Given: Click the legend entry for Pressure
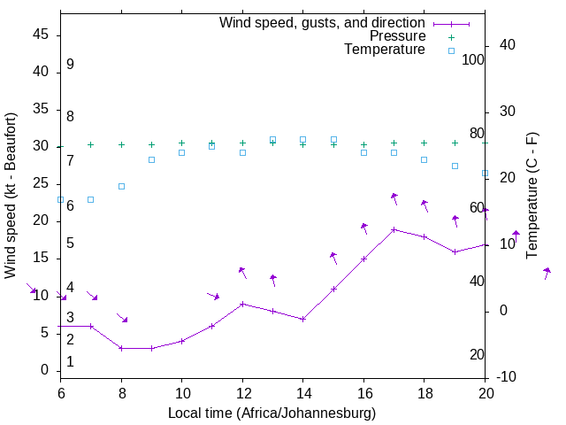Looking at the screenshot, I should click(397, 36).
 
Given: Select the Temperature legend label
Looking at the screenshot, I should click(385, 50).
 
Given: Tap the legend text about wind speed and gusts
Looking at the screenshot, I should click(322, 22).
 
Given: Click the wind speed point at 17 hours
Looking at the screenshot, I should click(394, 229).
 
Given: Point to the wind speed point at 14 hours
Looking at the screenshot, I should click(303, 319).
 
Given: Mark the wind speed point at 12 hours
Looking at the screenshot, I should click(242, 304).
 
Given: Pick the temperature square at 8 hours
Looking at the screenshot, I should click(121, 186).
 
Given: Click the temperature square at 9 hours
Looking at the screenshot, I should click(151, 159).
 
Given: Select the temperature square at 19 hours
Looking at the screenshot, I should click(455, 166).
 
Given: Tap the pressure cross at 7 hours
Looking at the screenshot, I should click(91, 144).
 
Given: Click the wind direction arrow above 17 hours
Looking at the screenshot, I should click(394, 198).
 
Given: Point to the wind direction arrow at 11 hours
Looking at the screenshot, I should click(213, 295).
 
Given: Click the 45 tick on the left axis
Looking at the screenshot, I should click(41, 35).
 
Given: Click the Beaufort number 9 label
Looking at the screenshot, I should click(70, 65).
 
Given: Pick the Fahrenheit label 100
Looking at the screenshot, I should click(473, 59).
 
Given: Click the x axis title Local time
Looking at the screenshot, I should click(272, 413).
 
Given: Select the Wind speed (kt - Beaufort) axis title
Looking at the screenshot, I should click(11, 196).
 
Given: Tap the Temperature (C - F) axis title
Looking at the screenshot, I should click(532, 196).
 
